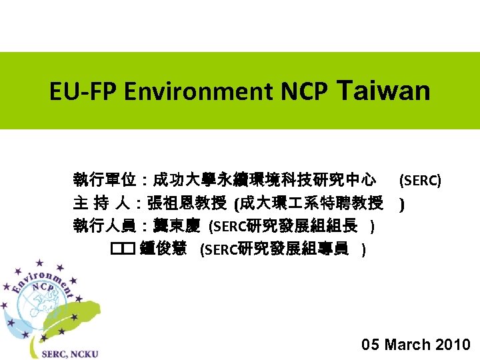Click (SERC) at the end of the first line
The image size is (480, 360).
(x=419, y=180)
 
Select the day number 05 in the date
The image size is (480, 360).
(x=371, y=345)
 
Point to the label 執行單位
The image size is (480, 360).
(x=104, y=180)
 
